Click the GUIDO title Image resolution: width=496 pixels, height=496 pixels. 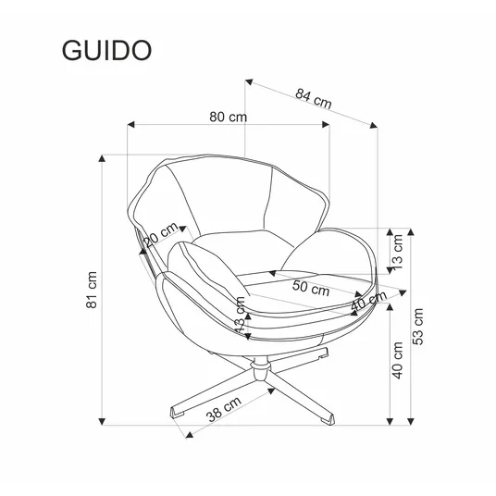point(106,50)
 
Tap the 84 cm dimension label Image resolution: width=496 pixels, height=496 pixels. point(314,98)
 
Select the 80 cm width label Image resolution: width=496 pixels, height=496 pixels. point(228,117)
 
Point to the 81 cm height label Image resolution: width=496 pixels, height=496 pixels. point(92,290)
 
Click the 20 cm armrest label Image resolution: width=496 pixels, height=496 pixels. point(161,234)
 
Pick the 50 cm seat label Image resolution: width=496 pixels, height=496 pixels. point(311,288)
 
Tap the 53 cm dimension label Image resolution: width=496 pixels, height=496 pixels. point(417,326)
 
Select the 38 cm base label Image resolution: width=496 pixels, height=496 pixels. point(224,409)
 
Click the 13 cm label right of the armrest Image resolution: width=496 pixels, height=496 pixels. point(397,252)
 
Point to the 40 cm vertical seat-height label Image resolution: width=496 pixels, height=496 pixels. point(398,360)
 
